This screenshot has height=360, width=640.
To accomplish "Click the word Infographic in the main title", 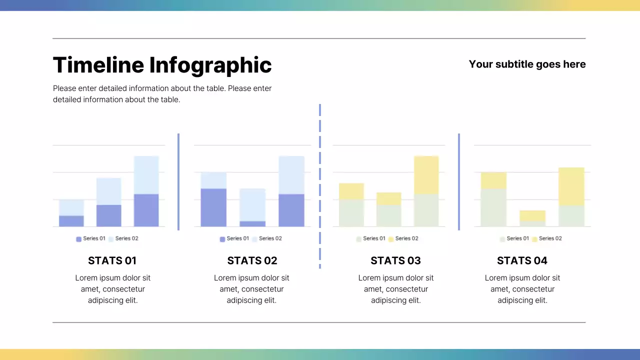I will (x=210, y=65).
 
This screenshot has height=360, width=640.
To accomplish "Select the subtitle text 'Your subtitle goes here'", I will (x=527, y=64).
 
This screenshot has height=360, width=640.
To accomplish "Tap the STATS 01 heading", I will (x=112, y=260).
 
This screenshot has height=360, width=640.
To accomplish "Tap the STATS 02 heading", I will (x=252, y=260).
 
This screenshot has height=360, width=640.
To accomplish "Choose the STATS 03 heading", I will (x=395, y=260).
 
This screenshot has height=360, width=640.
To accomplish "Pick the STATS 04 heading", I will (x=522, y=260).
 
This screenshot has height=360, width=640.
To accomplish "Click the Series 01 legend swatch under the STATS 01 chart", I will (x=78, y=239).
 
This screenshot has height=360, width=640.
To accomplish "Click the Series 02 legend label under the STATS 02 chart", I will (x=270, y=238).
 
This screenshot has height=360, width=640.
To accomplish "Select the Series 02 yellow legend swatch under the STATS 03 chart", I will (x=390, y=239).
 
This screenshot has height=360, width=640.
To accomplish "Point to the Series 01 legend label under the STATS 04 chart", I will (x=517, y=238).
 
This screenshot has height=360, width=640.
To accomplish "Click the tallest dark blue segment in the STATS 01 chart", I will (x=146, y=210).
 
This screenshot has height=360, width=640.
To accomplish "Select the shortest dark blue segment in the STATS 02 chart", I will (x=252, y=223).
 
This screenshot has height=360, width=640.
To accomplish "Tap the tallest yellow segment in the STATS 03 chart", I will (x=426, y=175).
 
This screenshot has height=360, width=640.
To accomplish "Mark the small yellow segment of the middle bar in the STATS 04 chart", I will (x=532, y=215).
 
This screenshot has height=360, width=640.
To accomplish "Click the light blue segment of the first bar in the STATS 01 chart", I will (x=71, y=207).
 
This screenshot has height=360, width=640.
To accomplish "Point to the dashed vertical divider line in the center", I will (x=319, y=186).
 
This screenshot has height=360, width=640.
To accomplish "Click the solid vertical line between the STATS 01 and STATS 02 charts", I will (x=178, y=181).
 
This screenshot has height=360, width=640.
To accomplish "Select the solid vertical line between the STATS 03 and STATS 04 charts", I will (x=459, y=181).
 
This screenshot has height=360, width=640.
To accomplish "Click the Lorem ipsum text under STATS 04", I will (x=522, y=289).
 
